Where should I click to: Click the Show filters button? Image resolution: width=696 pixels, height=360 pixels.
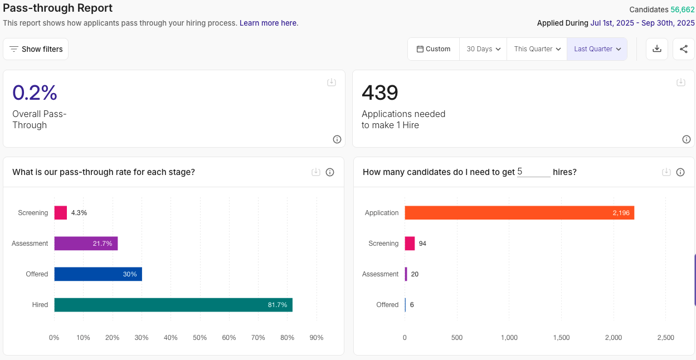point(36,49)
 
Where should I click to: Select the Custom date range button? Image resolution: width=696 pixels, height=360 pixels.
point(433,49)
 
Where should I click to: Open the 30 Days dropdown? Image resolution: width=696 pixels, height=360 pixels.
point(483,49)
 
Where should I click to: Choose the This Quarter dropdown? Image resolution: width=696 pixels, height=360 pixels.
point(537,49)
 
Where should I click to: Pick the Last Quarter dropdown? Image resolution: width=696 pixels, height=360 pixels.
point(597,49)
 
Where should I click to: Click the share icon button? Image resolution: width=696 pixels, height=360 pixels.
point(683,49)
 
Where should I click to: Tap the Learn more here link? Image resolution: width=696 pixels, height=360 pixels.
point(269,23)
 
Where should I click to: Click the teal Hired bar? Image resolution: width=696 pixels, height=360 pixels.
point(173,305)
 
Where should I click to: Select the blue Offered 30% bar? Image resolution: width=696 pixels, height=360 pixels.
point(98,274)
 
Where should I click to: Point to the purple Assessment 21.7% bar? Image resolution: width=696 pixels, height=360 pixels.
point(86,244)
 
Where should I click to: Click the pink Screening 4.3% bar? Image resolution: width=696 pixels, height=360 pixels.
point(60,213)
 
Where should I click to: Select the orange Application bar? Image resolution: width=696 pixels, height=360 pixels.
point(518,213)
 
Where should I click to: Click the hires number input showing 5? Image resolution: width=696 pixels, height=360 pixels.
point(533,172)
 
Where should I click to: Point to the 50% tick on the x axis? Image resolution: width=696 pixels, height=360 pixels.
point(199,338)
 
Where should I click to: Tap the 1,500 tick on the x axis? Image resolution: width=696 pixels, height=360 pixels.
point(561,338)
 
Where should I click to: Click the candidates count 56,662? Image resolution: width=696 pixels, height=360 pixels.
point(682,9)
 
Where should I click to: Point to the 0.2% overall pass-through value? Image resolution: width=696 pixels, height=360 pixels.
point(35,93)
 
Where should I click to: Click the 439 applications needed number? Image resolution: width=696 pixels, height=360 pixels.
point(379,93)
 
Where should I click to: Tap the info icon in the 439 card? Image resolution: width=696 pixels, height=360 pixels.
point(686,139)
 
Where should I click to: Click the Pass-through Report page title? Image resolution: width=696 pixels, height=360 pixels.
point(58,8)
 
